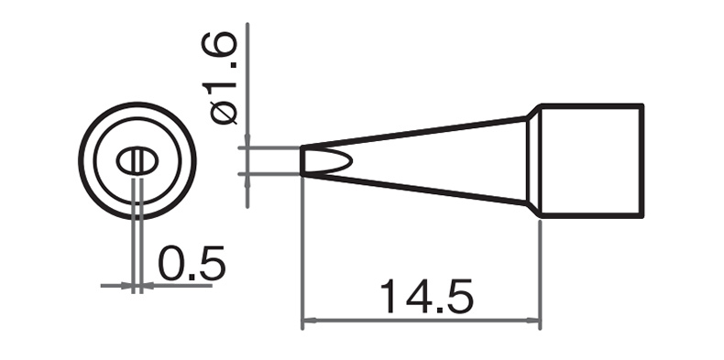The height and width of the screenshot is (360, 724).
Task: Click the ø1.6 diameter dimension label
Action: (219, 79)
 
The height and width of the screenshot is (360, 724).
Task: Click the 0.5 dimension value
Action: (192, 264)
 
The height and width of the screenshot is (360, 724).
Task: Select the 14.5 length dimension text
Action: (427, 296)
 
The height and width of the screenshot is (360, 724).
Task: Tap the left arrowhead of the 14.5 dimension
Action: (309, 321)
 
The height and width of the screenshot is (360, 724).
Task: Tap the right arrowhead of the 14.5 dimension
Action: (533, 321)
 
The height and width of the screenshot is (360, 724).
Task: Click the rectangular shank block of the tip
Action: (591, 160)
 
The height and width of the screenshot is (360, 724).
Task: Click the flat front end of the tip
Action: (302, 160)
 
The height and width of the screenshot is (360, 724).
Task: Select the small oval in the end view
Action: (137, 161)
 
